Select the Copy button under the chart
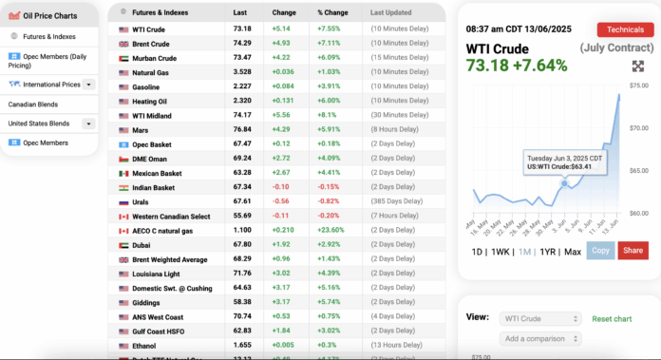(600, 250)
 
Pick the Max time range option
(572, 251)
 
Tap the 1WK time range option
(500, 251)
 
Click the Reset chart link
(612, 318)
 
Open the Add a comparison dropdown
(540, 338)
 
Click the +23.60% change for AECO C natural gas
(333, 231)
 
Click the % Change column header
(333, 13)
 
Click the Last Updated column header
(391, 13)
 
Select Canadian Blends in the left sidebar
(31, 104)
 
